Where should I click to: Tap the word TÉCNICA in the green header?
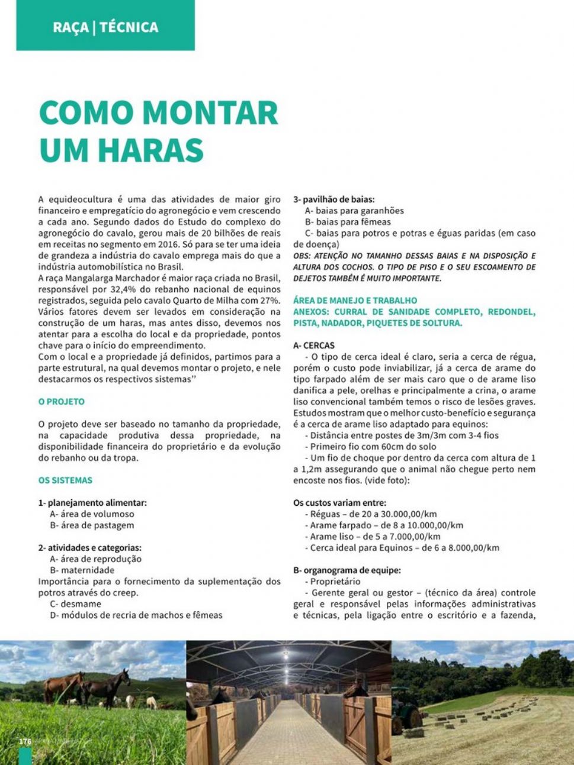point(129,27)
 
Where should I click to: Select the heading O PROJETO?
point(62,402)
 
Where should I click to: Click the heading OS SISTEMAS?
point(65,480)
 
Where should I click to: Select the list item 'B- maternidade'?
point(82,570)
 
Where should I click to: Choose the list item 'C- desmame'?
point(75,604)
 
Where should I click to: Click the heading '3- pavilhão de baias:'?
point(334,199)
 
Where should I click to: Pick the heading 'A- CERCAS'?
point(314,346)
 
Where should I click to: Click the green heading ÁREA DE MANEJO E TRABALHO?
point(355,301)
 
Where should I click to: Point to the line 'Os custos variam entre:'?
point(340,503)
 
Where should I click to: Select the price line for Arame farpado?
point(387,525)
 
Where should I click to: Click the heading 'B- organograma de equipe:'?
point(347,570)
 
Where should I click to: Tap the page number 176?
point(25,742)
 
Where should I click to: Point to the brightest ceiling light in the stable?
point(287,656)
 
